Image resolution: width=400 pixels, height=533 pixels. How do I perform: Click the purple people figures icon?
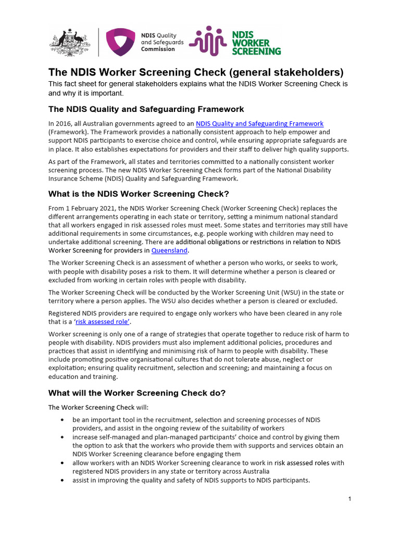pyautogui.click(x=208, y=41)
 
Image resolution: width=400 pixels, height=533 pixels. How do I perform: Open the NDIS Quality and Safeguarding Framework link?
pyautogui.click(x=259, y=123)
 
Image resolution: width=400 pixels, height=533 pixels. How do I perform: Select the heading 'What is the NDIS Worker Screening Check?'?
pyautogui.click(x=139, y=194)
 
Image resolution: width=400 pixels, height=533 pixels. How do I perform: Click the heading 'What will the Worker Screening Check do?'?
pyautogui.click(x=137, y=393)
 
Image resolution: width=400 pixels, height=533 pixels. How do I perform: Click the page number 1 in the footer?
pyautogui.click(x=350, y=499)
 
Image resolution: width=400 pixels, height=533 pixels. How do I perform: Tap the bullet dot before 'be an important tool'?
pyautogui.click(x=63, y=420)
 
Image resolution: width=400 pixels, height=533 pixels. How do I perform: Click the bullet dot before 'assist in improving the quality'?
pyautogui.click(x=63, y=480)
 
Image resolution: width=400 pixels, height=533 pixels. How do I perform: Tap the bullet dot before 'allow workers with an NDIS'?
pyautogui.click(x=63, y=463)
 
